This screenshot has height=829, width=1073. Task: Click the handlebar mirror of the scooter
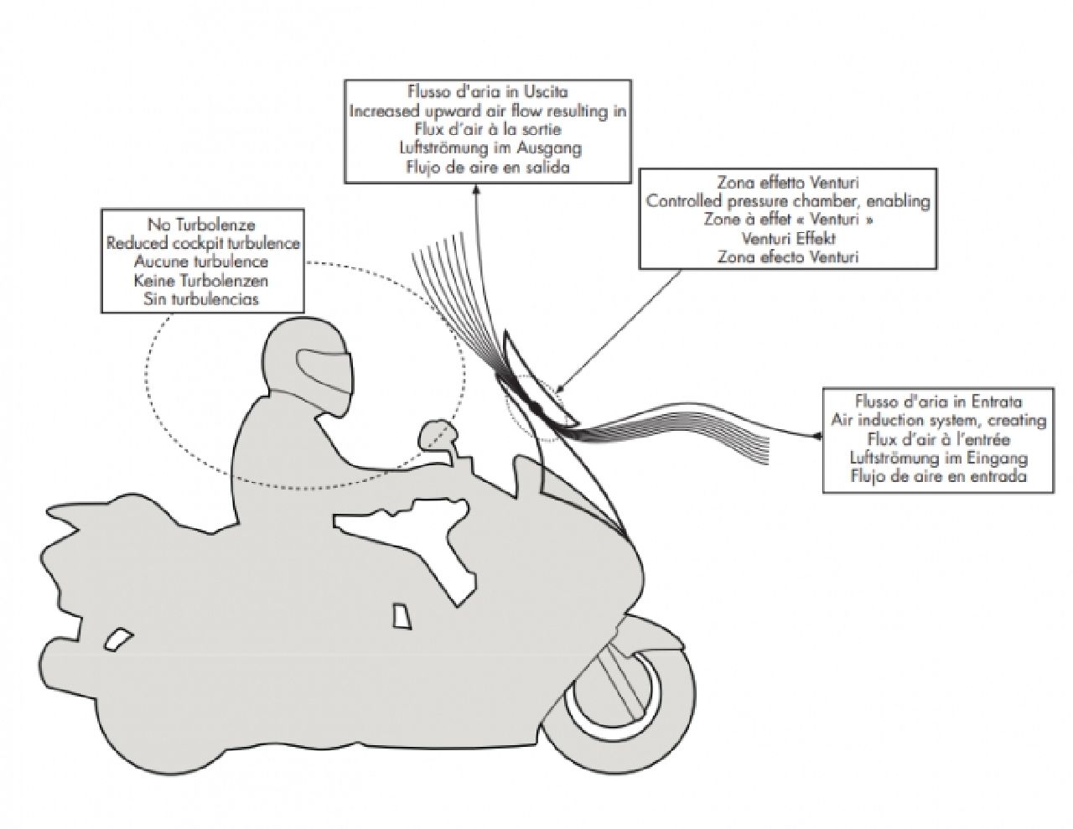(x=436, y=433)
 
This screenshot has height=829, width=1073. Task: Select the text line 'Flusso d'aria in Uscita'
(x=488, y=91)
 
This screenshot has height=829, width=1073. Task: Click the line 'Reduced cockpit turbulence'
(x=204, y=243)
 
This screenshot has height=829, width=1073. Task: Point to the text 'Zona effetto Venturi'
(x=788, y=182)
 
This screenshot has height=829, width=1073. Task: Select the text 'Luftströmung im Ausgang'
(x=488, y=148)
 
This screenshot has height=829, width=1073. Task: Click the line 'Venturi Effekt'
(x=788, y=238)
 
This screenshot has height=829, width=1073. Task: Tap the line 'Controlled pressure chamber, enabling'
(x=788, y=201)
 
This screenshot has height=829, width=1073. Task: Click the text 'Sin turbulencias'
(x=201, y=298)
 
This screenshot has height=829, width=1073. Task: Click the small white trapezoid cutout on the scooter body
(x=401, y=614)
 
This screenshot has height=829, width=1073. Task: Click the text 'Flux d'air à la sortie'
(x=488, y=129)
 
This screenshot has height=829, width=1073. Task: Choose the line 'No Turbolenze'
(x=201, y=225)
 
